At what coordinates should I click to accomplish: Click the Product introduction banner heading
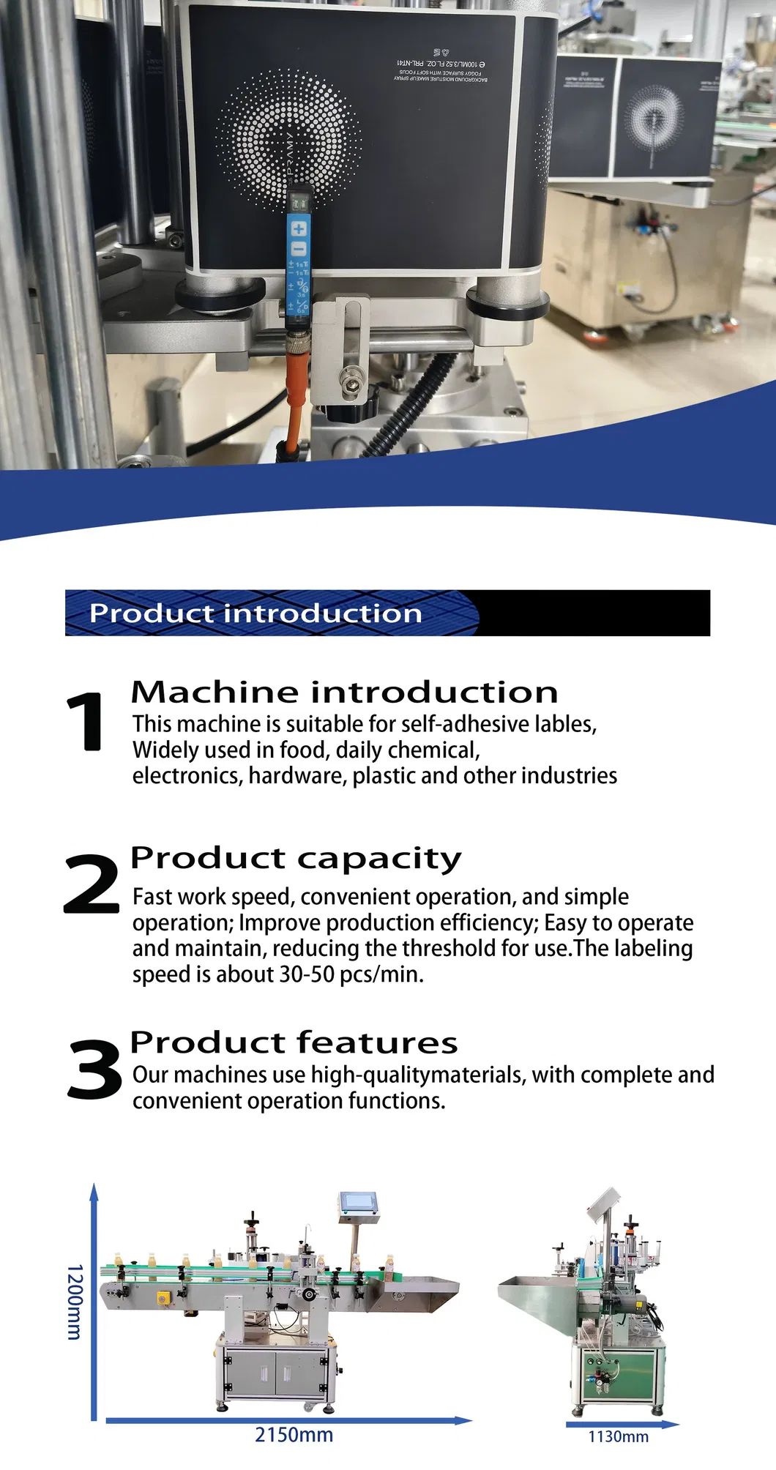pos(255,613)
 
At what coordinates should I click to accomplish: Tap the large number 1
pos(86,723)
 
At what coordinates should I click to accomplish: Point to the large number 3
pos(94,1070)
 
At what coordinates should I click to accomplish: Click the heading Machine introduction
pos(344,692)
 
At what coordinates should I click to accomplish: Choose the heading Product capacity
pos(296,858)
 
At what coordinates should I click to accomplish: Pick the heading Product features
pos(294,1042)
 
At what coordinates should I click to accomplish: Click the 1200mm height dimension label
pos(75,1302)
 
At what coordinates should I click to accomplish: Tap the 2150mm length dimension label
pos(294,1435)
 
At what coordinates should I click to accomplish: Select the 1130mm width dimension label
pos(619,1436)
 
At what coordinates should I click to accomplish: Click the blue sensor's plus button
pos(299,228)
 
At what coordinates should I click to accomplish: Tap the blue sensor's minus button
pos(299,249)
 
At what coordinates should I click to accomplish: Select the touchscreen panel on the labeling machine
pos(359,1201)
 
